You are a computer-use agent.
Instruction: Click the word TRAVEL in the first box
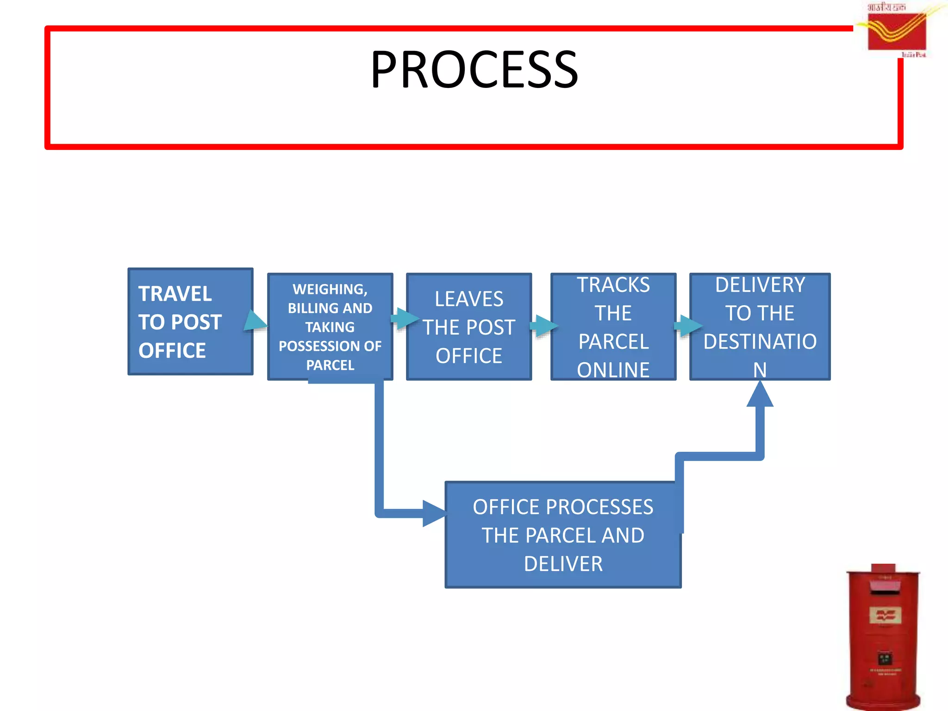(x=175, y=294)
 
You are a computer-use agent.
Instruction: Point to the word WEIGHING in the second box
(x=329, y=289)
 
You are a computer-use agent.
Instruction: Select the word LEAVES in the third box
(x=468, y=299)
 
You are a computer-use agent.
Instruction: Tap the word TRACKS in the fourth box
(x=613, y=285)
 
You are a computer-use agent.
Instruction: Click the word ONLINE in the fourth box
(x=613, y=370)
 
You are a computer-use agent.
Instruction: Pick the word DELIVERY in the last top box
(x=760, y=285)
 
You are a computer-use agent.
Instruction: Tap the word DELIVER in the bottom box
(x=563, y=564)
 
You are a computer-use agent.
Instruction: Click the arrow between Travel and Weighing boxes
(x=256, y=321)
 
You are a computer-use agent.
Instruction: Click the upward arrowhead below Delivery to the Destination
(x=760, y=395)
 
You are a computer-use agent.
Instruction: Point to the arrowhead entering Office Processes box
(x=433, y=513)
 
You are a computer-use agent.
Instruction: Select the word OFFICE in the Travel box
(x=172, y=351)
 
